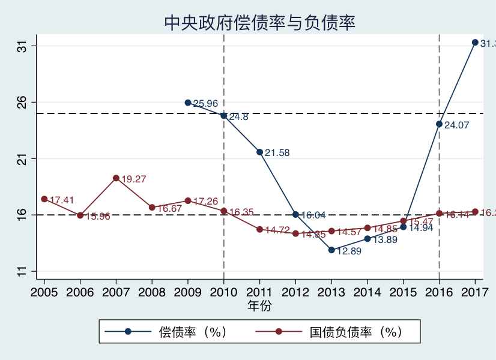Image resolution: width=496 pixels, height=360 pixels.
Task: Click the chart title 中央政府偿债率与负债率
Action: coord(260,23)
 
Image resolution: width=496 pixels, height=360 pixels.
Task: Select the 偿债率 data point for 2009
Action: coord(188,103)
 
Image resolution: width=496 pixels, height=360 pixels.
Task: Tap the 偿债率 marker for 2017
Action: coord(475,43)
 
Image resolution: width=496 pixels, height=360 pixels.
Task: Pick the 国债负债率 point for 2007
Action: coord(116,178)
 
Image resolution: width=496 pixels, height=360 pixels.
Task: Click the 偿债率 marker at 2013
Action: coord(331,250)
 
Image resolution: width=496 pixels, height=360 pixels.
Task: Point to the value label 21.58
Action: coord(277,153)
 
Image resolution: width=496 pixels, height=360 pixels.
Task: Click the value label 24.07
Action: coord(456,125)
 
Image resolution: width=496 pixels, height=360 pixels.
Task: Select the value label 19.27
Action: coord(134,179)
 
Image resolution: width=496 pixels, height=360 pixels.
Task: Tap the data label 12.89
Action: coord(349,251)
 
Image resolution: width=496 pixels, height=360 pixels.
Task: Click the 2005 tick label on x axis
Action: coord(44,292)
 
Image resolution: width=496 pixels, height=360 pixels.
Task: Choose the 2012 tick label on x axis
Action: coord(295,292)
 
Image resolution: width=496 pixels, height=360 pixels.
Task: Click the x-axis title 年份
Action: coord(259,306)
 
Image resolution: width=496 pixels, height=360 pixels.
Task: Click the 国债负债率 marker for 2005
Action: coord(44,199)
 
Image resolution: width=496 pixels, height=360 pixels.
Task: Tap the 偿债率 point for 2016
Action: coord(439,124)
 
